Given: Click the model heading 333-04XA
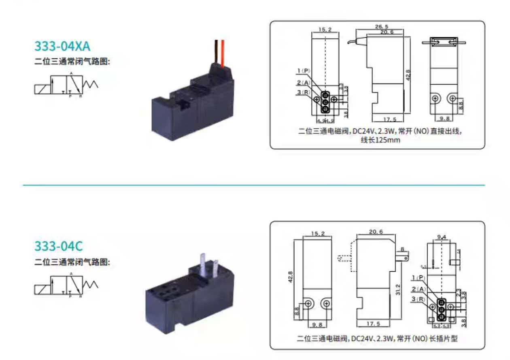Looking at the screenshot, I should coord(62,46).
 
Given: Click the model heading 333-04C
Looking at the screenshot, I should coord(59,246).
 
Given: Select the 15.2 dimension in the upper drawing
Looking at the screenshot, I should coord(325,30).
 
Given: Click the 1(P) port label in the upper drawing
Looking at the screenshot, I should coord(304,71).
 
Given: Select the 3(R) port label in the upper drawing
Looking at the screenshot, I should coord(304,93).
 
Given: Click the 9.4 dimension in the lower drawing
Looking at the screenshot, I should coord(442,236).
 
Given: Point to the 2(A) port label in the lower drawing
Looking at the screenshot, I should coord(419,289).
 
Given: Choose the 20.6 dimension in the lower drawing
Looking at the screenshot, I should coord(376,232).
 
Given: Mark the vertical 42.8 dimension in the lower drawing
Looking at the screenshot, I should coord(290,277).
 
